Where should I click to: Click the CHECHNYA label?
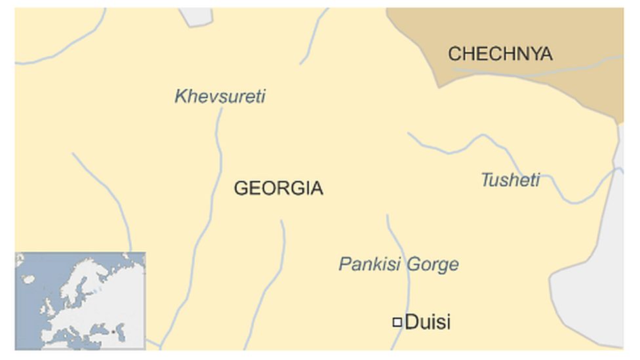(500, 54)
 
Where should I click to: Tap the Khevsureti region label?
(220, 96)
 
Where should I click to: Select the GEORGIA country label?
(278, 189)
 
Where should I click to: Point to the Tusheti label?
(510, 180)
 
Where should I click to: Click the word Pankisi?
(369, 264)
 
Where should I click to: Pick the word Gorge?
(432, 265)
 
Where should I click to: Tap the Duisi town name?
(428, 322)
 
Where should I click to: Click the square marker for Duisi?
(397, 322)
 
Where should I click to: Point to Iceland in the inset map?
(28, 279)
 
